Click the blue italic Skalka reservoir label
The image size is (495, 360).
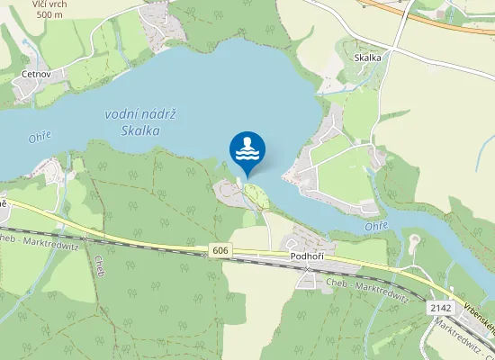[139, 130]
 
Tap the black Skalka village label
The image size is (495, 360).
[367, 58]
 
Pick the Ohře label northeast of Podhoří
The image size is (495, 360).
[377, 226]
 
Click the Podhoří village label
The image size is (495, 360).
[307, 256]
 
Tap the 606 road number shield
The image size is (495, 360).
[221, 248]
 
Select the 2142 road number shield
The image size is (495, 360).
[440, 308]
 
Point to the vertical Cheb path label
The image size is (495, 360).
[99, 266]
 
